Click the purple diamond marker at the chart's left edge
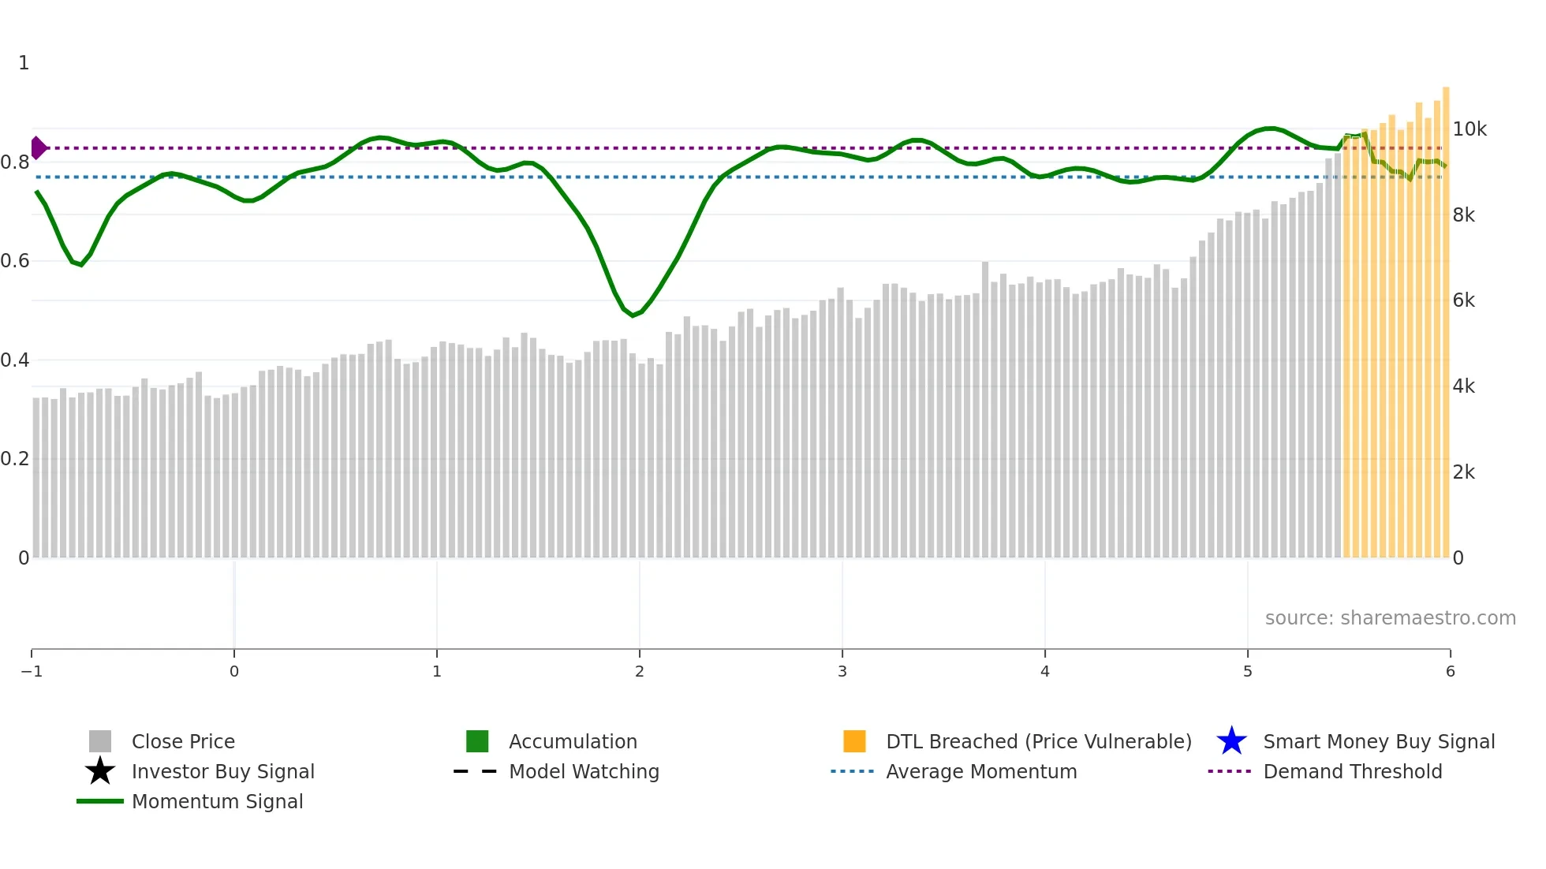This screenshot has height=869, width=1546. point(38,147)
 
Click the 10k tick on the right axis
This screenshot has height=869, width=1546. point(1469,129)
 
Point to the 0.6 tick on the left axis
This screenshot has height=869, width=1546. point(15,261)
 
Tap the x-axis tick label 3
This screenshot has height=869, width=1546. point(842,672)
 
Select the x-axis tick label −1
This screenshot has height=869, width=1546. point(32,672)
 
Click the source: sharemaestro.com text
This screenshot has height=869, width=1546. point(1390,618)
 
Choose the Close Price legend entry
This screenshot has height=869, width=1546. point(182,742)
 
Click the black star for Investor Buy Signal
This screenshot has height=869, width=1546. point(100,771)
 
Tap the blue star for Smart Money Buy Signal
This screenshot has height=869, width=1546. point(1231,741)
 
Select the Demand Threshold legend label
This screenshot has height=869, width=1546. point(1352,772)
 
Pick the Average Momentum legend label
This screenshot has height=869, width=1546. point(981,772)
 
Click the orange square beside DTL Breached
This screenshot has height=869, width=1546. point(854,741)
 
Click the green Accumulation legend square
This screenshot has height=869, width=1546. point(477,741)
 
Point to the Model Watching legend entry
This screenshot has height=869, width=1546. point(583,772)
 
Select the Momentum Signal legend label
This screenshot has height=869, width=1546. point(217,802)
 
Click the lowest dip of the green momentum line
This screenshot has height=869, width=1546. point(633,315)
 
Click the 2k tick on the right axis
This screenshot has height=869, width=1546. point(1464,472)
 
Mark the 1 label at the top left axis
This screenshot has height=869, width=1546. point(24,63)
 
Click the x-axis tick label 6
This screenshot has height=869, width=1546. point(1450,672)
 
